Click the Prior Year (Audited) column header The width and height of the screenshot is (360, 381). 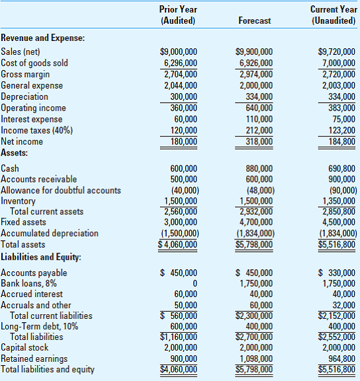click(x=178, y=15)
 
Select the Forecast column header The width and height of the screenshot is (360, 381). click(x=254, y=21)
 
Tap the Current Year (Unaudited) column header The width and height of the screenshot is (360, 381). click(x=333, y=15)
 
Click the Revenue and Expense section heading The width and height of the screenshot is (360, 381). click(x=43, y=38)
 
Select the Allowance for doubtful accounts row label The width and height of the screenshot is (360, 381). click(x=61, y=190)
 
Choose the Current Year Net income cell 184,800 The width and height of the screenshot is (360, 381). click(x=338, y=142)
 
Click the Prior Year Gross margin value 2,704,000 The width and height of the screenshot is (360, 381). click(x=180, y=74)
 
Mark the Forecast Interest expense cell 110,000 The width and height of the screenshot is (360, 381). click(x=258, y=119)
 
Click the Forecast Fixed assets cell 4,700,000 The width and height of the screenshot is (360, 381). click(x=253, y=222)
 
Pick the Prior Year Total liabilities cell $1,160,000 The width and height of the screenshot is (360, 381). click(x=179, y=337)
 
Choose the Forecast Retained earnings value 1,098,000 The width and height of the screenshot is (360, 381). click(x=253, y=359)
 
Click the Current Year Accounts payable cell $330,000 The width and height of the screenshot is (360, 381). click(x=336, y=273)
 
